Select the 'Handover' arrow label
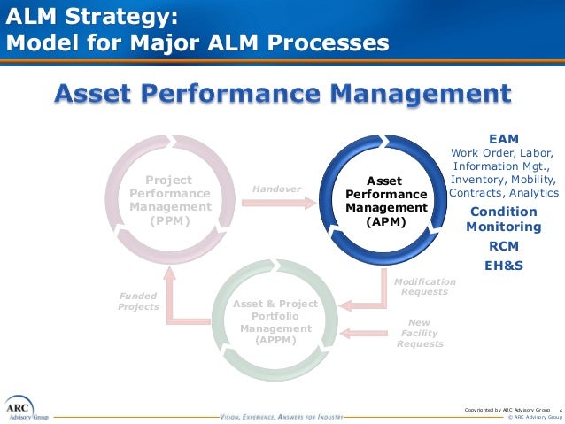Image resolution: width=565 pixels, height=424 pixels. coord(276,189)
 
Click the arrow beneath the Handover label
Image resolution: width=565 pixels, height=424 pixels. coord(277,202)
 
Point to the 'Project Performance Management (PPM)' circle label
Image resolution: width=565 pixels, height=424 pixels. coord(170,200)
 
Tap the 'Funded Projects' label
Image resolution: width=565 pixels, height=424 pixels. coord(138,301)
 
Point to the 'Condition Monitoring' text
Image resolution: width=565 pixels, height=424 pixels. coord(503,219)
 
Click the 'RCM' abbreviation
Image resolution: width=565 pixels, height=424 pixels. coord(503,246)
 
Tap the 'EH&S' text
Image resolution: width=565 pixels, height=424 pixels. coord(503,265)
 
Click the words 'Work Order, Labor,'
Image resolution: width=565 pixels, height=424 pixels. coord(501,152)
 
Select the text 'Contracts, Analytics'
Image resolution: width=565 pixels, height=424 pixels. coord(504,192)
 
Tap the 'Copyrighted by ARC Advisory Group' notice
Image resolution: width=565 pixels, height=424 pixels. coord(507,409)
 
